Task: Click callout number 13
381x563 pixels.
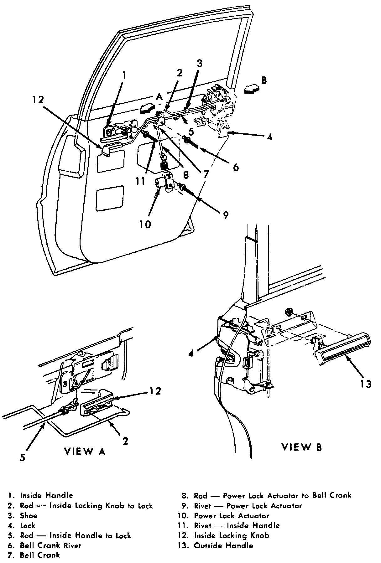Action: coord(365,384)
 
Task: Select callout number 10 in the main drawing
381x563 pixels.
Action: coord(145,224)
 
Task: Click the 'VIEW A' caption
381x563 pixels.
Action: coord(85,451)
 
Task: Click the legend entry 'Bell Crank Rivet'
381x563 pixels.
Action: coord(50,545)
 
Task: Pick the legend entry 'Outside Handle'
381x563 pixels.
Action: coord(223,545)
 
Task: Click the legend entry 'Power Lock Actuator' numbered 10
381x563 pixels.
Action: coord(231,515)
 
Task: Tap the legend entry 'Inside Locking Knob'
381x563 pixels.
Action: coord(231,535)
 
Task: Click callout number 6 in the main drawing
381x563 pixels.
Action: coord(236,167)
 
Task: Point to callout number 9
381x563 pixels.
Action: coord(226,215)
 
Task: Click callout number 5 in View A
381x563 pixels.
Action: coord(22,457)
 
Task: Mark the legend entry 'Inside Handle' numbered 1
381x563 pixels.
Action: coord(46,495)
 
